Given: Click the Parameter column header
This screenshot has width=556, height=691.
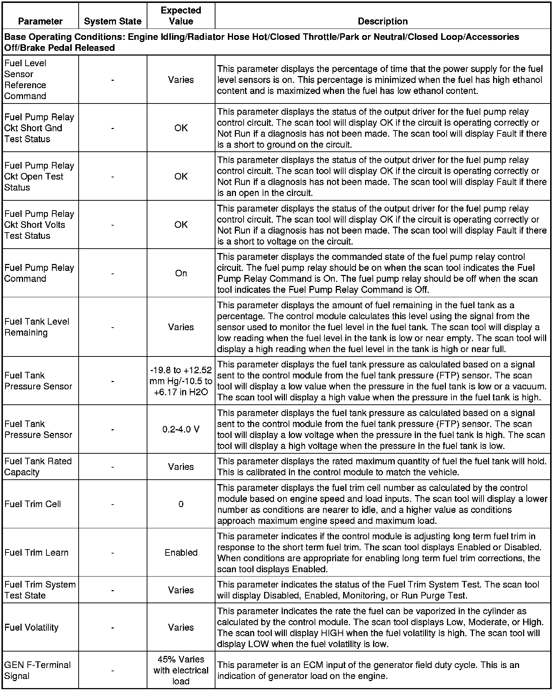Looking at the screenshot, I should [x=40, y=21].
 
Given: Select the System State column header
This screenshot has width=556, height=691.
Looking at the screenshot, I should [x=113, y=21].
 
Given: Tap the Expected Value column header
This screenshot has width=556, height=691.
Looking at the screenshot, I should [x=181, y=16].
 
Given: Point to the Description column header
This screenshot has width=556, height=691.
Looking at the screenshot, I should [x=383, y=21].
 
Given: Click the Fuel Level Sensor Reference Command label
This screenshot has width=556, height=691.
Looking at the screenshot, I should [x=25, y=79].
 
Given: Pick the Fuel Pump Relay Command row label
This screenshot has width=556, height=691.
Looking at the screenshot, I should [x=39, y=273].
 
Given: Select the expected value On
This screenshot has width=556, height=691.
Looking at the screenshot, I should [x=181, y=273].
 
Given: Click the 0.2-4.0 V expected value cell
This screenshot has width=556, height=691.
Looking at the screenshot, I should [x=181, y=429].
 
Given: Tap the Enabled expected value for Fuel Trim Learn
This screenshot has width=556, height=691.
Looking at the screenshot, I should [x=181, y=552].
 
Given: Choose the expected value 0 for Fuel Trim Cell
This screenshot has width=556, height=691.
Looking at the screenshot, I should [x=181, y=504].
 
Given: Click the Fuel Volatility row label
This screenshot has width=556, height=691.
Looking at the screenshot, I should [x=31, y=627].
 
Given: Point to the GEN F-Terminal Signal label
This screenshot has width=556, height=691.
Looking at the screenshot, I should [x=37, y=670].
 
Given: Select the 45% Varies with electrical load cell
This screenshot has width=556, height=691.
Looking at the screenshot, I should [x=181, y=670].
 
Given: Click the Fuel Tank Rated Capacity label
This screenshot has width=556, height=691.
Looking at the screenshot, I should [x=38, y=467].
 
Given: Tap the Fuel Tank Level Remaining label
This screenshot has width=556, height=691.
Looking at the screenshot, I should [x=37, y=327].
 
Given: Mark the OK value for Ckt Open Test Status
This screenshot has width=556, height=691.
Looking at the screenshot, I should [x=181, y=176].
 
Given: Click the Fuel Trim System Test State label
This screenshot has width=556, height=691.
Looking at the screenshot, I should [x=40, y=590].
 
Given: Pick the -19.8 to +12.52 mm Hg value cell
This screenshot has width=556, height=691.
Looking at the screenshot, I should [x=181, y=381].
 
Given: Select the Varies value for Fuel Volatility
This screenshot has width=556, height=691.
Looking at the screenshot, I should [x=181, y=627].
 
